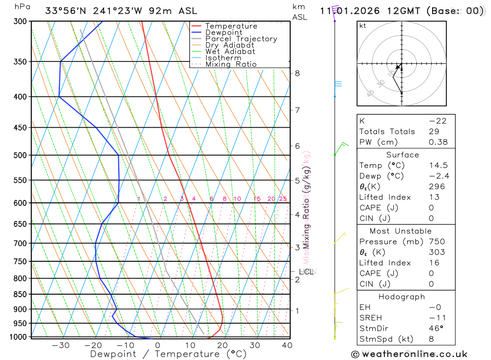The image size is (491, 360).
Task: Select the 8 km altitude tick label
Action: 297,73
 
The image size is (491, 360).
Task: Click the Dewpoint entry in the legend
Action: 223,32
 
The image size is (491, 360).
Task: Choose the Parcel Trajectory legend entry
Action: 241,39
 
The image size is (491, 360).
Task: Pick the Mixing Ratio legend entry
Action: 231,64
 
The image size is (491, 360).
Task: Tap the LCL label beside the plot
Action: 306,271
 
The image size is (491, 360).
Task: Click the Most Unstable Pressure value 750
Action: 436,242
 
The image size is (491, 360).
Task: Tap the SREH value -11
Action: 435,318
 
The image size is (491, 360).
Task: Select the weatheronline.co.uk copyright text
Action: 409,354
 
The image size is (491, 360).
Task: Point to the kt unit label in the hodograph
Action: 363,26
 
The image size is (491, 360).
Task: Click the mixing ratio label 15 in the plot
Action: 257,199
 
